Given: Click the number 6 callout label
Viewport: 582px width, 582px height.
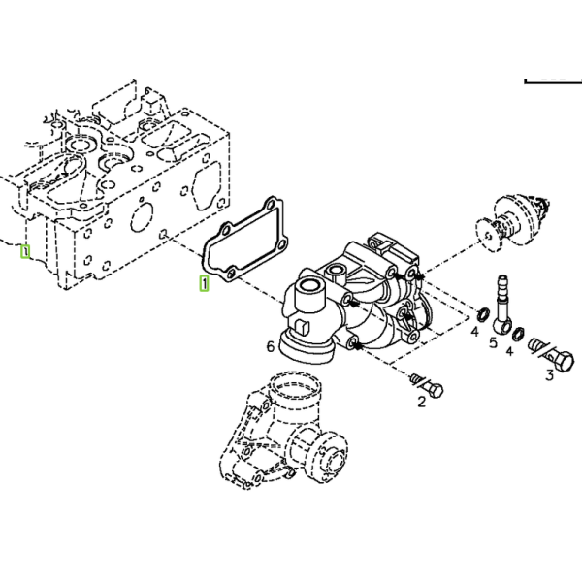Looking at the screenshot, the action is (271, 346).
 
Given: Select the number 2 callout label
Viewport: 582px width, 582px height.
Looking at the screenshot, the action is (421, 402).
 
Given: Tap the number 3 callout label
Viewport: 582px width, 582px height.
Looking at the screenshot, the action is (550, 375).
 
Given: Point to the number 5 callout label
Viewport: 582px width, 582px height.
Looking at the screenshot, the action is (493, 342).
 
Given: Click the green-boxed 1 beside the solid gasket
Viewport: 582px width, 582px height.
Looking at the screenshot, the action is (204, 283).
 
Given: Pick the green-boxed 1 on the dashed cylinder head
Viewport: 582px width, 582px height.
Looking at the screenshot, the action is (25, 252).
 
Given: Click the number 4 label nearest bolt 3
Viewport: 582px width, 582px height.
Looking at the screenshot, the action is (509, 351).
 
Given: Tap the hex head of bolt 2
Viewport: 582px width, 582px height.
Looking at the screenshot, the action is (435, 391).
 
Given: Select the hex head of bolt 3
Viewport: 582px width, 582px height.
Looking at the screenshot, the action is (563, 362).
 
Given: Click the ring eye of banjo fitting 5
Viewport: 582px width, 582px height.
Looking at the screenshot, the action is (501, 324).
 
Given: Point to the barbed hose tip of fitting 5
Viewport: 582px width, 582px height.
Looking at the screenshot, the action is (502, 282).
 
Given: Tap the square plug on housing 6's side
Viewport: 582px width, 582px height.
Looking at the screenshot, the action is (303, 326).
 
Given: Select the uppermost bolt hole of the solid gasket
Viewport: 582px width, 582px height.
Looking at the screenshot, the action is (272, 204).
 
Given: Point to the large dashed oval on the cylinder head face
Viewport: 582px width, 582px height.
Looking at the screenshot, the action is (142, 216).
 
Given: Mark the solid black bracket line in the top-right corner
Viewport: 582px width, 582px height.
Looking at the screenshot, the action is (553, 81).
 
